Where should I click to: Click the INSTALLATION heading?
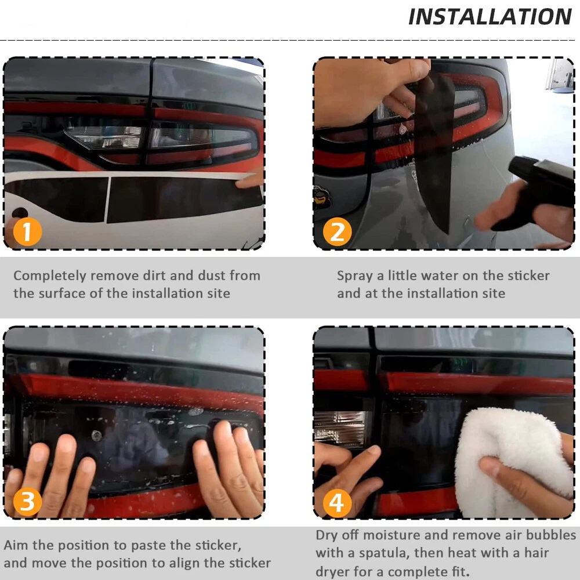click(x=490, y=17)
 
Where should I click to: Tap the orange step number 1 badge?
click(x=27, y=232)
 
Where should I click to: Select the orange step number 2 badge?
click(x=337, y=232)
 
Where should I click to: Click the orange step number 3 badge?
click(x=27, y=502)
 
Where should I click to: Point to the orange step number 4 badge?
click(x=337, y=503)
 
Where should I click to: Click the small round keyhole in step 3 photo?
click(x=97, y=436)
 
